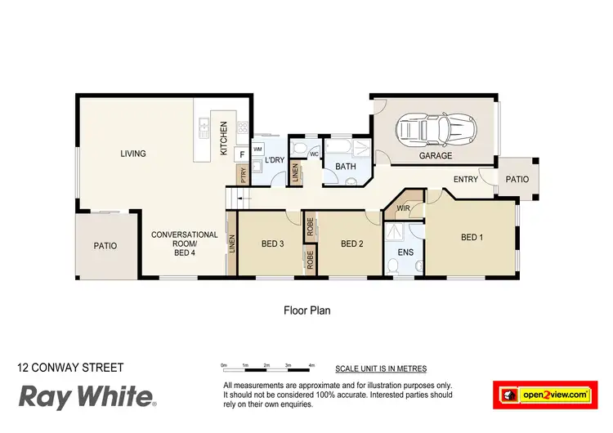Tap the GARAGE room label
pyautogui.click(x=435, y=155)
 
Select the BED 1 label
pyautogui.click(x=472, y=238)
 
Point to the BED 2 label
pyautogui.click(x=351, y=243)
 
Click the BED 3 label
pyautogui.click(x=272, y=243)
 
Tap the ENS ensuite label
pyautogui.click(x=405, y=252)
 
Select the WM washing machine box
pyautogui.click(x=257, y=150)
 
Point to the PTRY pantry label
pyautogui.click(x=243, y=174)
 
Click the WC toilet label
pyautogui.click(x=313, y=154)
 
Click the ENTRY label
pyautogui.click(x=465, y=179)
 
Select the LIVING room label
pyautogui.click(x=133, y=154)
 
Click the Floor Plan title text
pyautogui.click(x=306, y=310)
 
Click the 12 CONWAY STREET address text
pyautogui.click(x=70, y=368)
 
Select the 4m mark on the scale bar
pyautogui.click(x=311, y=365)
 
